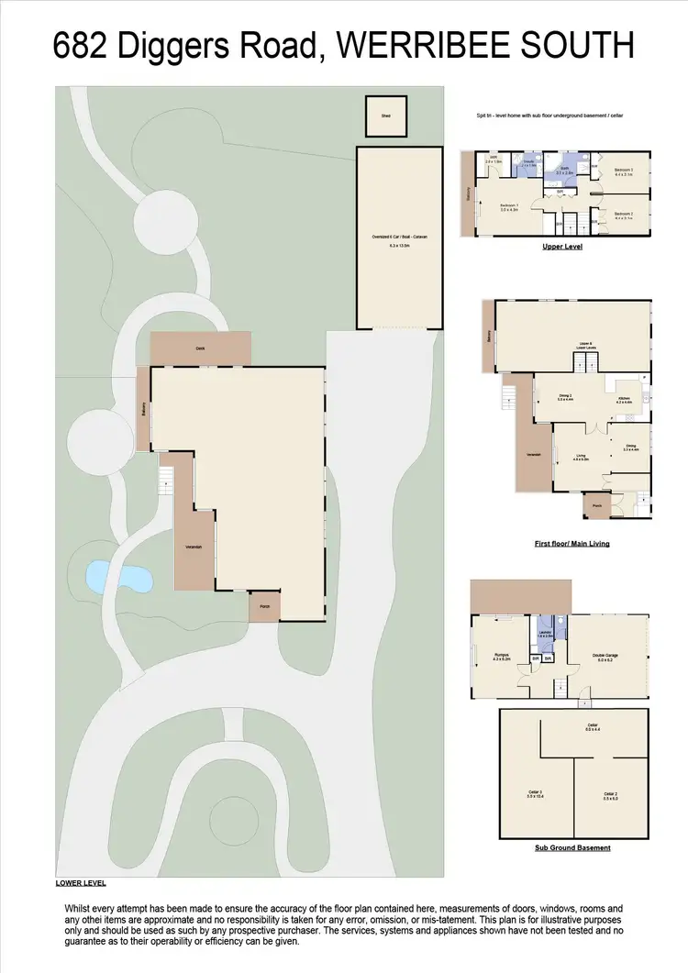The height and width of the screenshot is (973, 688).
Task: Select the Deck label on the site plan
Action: tap(200, 348)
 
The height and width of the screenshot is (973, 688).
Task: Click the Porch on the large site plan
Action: tap(264, 606)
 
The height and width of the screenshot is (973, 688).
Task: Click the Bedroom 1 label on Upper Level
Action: tap(509, 206)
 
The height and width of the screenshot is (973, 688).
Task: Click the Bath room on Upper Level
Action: tap(564, 171)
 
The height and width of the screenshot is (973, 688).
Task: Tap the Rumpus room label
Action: tap(501, 655)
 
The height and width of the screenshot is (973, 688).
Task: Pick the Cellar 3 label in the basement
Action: tap(535, 794)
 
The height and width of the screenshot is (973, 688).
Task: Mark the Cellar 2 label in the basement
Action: tap(609, 794)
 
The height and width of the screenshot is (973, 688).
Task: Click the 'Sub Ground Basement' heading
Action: tap(572, 847)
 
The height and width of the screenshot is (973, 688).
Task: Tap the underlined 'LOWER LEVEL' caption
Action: tap(81, 883)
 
